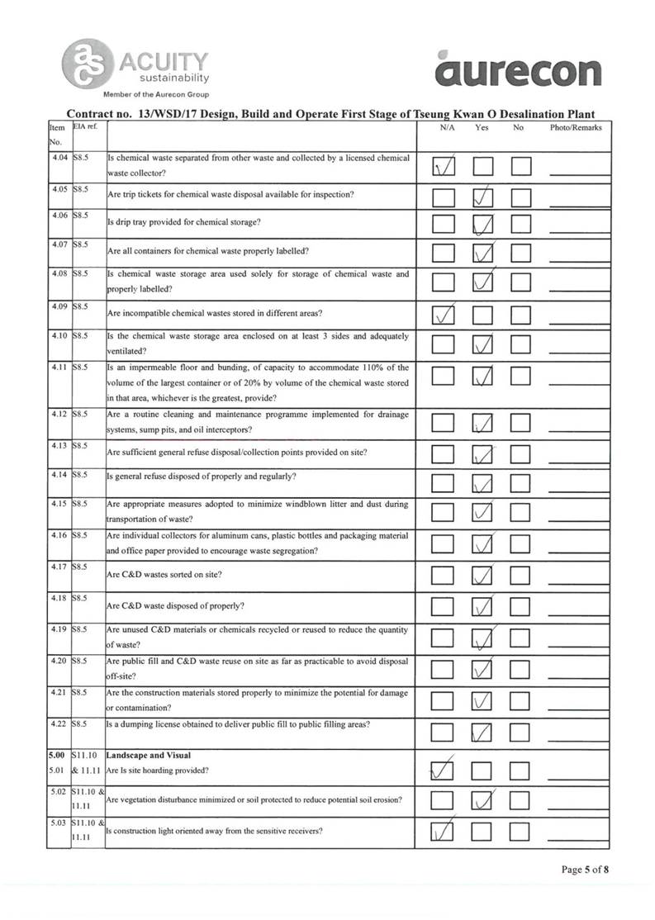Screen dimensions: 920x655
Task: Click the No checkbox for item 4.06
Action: (x=520, y=224)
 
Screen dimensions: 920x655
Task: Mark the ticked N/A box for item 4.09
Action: (x=444, y=315)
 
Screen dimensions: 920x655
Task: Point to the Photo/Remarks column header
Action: (x=576, y=128)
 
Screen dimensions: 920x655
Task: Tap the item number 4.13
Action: (x=58, y=446)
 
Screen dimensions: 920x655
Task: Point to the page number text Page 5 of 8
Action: (x=586, y=869)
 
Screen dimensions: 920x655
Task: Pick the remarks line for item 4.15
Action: (x=579, y=516)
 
